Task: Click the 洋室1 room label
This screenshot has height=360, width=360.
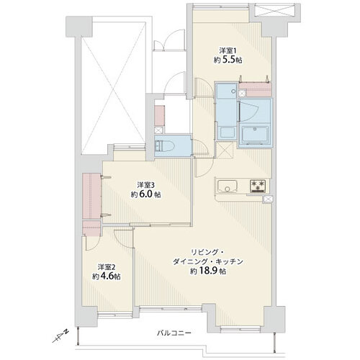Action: coord(228,50)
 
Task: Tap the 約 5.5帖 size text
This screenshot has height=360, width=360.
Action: coord(228,60)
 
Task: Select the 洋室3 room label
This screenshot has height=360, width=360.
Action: coord(146,185)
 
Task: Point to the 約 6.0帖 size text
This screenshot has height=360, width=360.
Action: coord(146,194)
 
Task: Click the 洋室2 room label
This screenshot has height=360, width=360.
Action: coord(107,267)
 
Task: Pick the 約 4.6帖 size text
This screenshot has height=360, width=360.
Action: coord(107,276)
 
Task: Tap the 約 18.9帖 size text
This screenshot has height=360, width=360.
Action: coord(208,271)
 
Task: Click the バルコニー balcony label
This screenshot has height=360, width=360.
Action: coord(174,333)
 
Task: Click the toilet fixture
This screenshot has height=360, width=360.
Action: coord(165,146)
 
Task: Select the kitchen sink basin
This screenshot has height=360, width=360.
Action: coord(228,186)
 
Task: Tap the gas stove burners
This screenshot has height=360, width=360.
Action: coord(258,186)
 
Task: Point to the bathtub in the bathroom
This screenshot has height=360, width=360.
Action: coord(255,135)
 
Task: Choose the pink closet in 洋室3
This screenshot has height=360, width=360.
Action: coord(91,196)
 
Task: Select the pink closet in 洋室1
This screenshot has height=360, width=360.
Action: coord(256,90)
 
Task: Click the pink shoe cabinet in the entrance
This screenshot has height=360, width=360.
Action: coord(159,116)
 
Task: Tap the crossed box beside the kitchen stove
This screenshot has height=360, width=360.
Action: coord(268,199)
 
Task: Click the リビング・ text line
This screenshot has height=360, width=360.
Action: coord(208,252)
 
